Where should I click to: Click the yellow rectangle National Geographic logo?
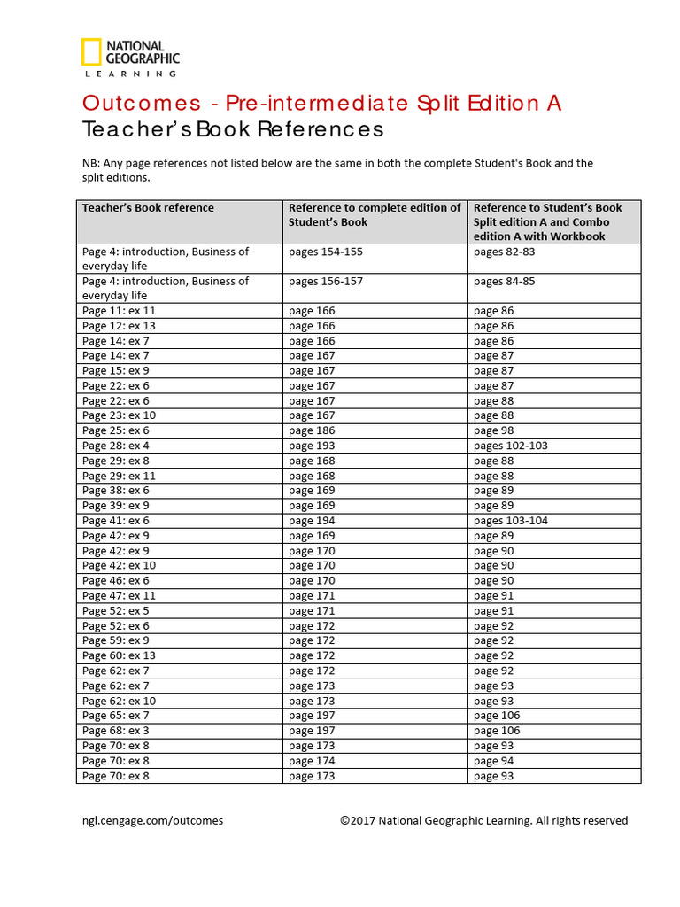[90, 52]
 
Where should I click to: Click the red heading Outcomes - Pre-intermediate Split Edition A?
[321, 103]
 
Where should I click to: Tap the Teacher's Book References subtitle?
[233, 129]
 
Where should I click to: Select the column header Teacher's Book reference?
[148, 208]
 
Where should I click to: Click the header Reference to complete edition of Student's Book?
[375, 215]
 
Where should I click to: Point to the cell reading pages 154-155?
[325, 252]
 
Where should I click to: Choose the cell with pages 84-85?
[504, 282]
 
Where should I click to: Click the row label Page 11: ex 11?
[119, 311]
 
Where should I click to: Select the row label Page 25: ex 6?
[115, 430]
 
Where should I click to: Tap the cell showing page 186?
[312, 430]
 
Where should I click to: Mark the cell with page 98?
[493, 430]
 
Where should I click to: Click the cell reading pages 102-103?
[510, 446]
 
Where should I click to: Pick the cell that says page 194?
[312, 521]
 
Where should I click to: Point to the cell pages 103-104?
[510, 521]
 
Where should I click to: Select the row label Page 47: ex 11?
[119, 596]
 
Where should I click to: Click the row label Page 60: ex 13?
[119, 655]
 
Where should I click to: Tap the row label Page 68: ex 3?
[115, 731]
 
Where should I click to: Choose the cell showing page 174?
[312, 761]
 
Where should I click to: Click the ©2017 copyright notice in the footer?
[483, 821]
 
